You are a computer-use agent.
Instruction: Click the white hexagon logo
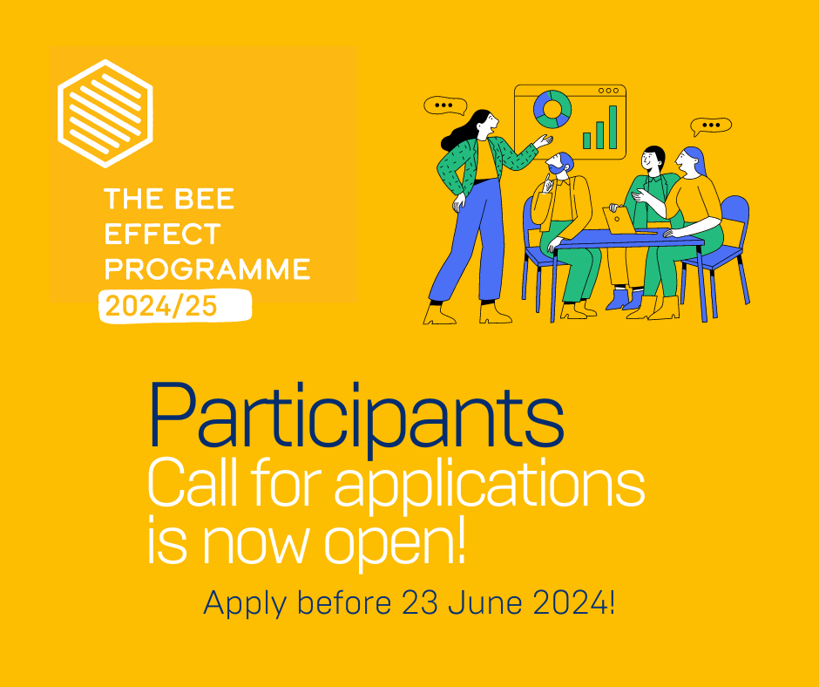click(105, 113)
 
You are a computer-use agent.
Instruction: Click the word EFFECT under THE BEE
click(162, 234)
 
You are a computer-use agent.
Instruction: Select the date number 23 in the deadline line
click(418, 602)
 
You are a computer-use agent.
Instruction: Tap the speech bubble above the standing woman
click(445, 105)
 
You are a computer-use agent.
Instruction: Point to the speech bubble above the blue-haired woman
click(711, 126)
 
